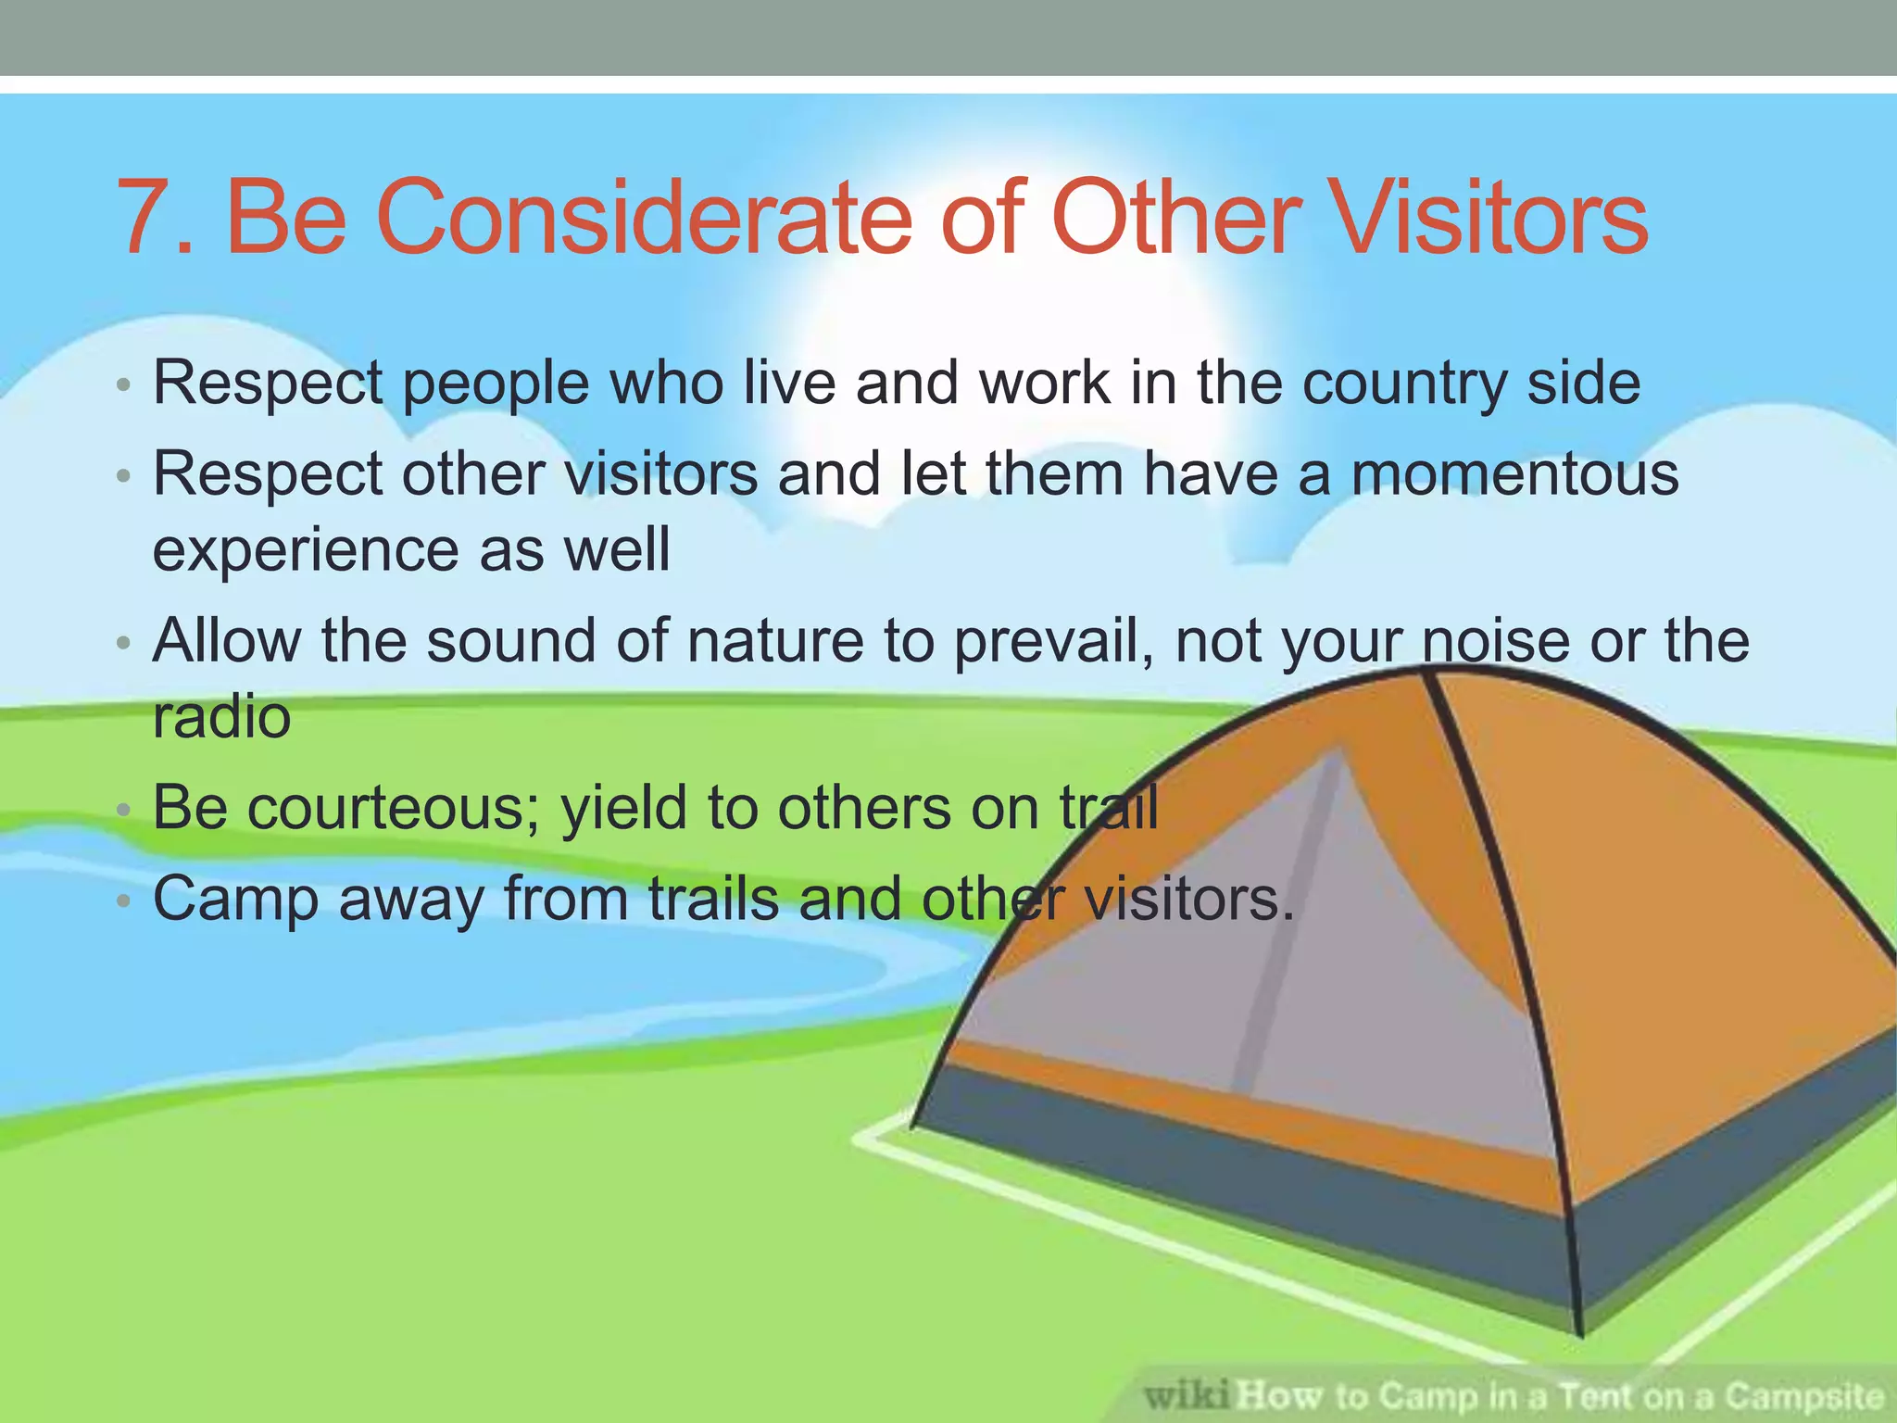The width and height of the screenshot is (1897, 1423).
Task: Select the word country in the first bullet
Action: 1404,383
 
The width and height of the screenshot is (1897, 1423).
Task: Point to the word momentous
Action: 1514,473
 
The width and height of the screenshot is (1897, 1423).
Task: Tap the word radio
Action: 221,716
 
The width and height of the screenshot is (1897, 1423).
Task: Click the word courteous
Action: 385,808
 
